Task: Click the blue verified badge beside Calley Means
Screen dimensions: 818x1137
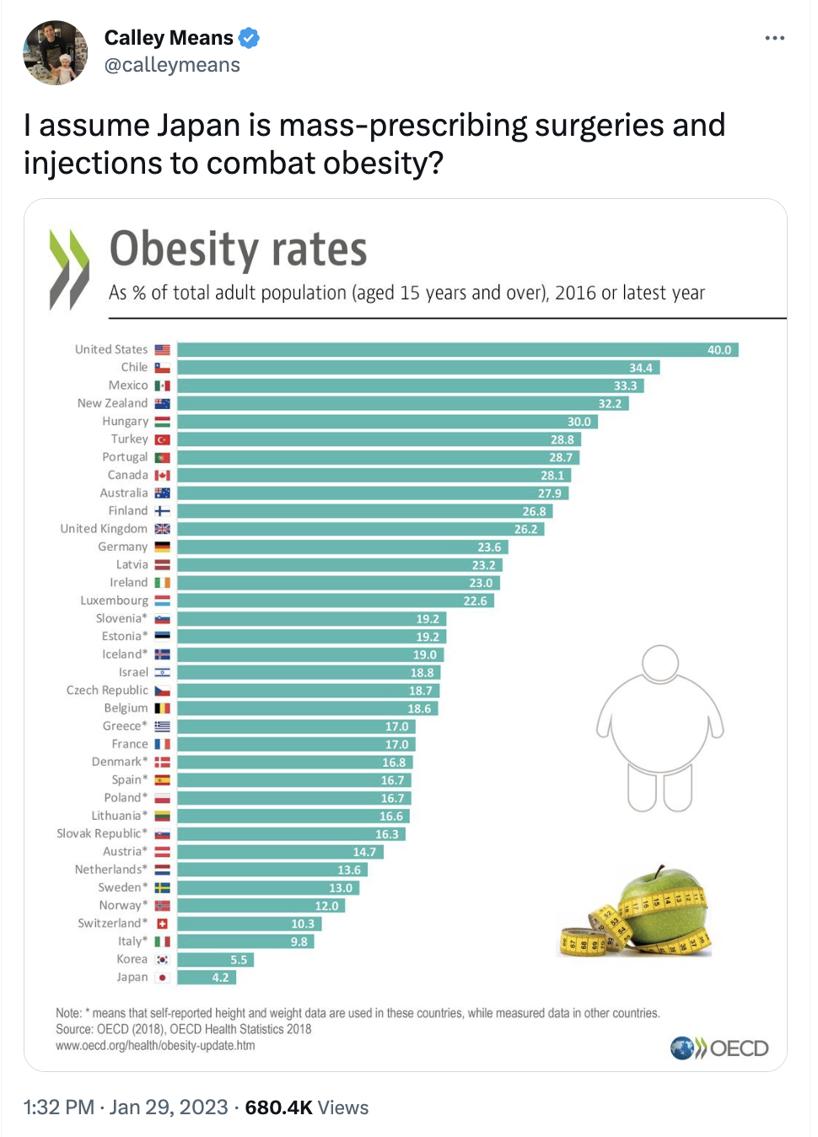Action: pyautogui.click(x=249, y=38)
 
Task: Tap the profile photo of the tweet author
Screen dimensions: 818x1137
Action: pyautogui.click(x=55, y=52)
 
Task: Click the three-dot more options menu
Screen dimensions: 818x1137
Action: pyautogui.click(x=774, y=38)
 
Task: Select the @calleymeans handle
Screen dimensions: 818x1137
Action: pyautogui.click(x=172, y=65)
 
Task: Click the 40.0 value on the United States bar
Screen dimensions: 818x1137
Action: pyautogui.click(x=719, y=350)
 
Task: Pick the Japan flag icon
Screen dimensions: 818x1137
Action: pyautogui.click(x=163, y=977)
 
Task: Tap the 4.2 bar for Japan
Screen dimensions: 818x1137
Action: pyautogui.click(x=207, y=977)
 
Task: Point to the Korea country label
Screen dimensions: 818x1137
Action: pyautogui.click(x=132, y=959)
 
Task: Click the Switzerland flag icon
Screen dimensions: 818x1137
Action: pyautogui.click(x=163, y=924)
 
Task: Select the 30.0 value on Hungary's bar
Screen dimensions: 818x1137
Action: pyautogui.click(x=579, y=422)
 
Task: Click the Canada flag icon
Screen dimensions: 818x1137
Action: pyautogui.click(x=163, y=475)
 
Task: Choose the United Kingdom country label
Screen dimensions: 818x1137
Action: pyautogui.click(x=104, y=528)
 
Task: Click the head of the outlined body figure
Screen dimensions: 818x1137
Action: pyautogui.click(x=659, y=663)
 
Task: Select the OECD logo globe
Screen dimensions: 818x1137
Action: pyautogui.click(x=682, y=1048)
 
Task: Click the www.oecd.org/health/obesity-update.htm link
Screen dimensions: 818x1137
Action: pyautogui.click(x=155, y=1046)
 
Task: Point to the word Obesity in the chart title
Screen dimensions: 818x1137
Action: pyautogui.click(x=184, y=249)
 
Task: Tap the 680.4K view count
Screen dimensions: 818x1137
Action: pyautogui.click(x=278, y=1107)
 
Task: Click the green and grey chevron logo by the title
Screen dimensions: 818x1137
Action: pyautogui.click(x=69, y=269)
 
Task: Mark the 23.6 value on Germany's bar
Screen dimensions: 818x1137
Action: pyautogui.click(x=489, y=547)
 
